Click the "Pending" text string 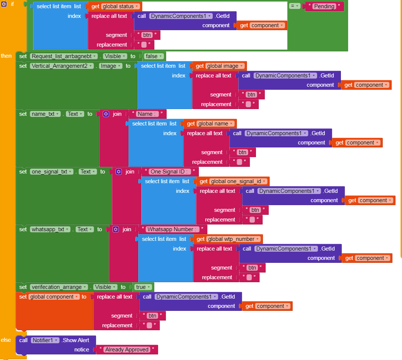point(324,6)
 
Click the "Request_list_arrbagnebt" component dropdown point(64,56)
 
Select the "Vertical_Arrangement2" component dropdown point(64,66)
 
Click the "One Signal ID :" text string point(170,172)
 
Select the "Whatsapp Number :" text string point(172,229)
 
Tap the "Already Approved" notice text point(127,350)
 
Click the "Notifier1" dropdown point(45,340)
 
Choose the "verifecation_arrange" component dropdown point(59,287)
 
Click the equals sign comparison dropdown point(295,6)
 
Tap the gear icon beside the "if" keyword point(4,4)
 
